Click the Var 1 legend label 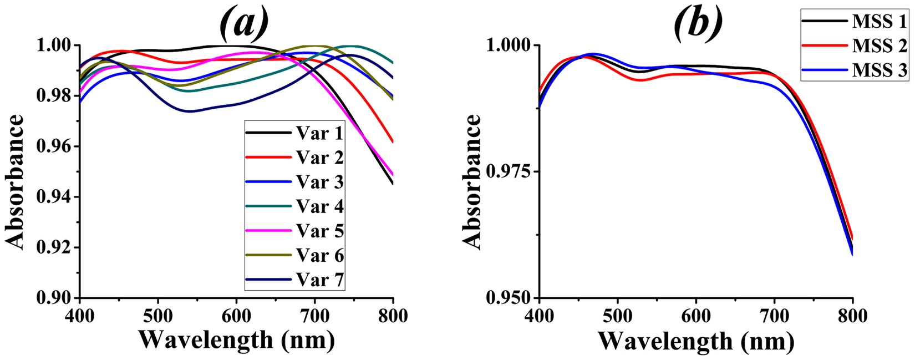319,134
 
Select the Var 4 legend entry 319,207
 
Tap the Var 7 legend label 319,280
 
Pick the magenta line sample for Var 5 268,231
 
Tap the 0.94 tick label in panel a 57,197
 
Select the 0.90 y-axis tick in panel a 57,298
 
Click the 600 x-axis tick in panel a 236,316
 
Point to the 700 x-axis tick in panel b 774,316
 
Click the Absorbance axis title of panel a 15,181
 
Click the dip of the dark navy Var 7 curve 190,111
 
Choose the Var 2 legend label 319,158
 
